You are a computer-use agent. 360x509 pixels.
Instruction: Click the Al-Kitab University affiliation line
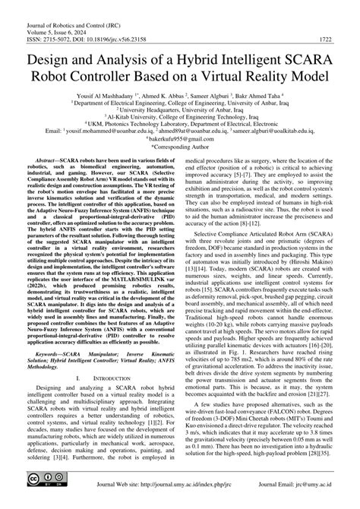click(180, 123)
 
